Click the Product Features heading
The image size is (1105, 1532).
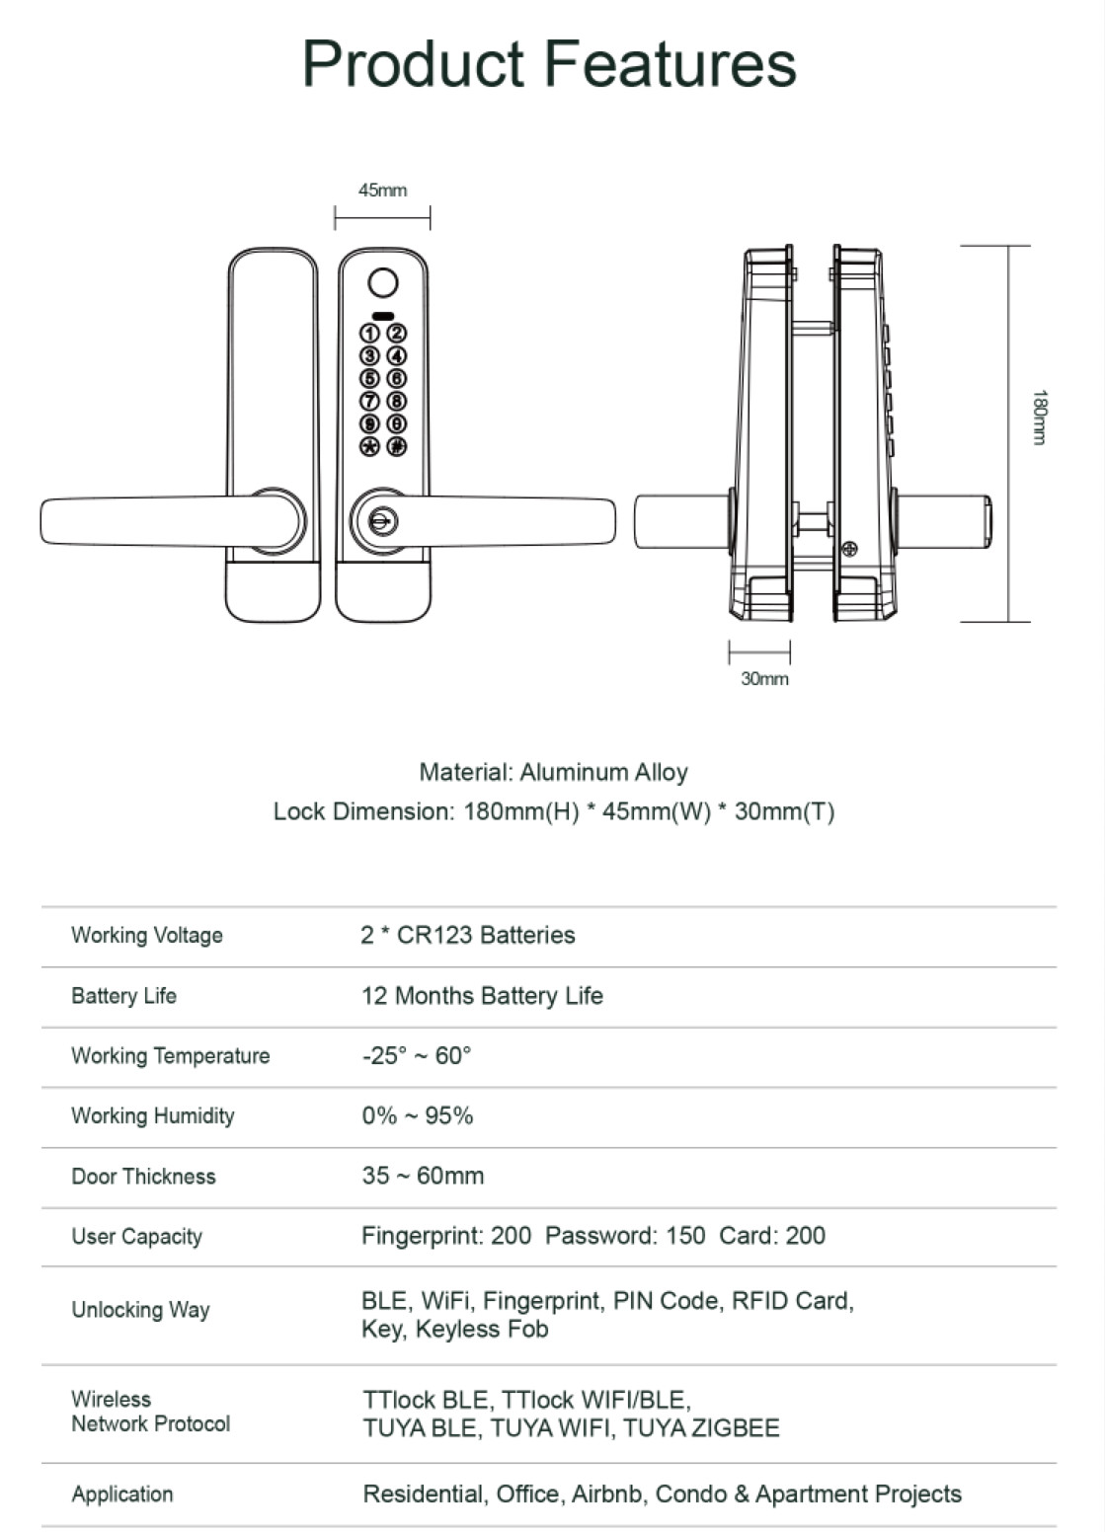pos(549,64)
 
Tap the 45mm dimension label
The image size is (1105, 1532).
pos(382,191)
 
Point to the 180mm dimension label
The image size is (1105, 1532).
pos(1039,417)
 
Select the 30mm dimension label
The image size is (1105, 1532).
pos(764,679)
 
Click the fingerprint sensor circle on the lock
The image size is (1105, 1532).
pos(383,283)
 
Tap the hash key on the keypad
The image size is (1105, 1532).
pos(396,446)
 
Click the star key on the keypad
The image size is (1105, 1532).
pos(369,446)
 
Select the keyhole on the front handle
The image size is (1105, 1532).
pos(382,520)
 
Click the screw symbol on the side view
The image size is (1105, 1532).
pos(849,549)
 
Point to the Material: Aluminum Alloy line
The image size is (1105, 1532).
pos(553,772)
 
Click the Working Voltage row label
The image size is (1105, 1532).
pos(147,935)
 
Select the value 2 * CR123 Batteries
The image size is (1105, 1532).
pos(467,935)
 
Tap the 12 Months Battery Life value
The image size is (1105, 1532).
pos(482,995)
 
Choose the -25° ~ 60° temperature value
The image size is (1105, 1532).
pos(416,1055)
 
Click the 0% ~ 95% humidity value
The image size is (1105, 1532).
pos(417,1115)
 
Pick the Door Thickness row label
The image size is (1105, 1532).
pos(143,1176)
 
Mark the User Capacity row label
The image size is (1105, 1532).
pos(136,1236)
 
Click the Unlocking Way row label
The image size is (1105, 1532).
pos(140,1310)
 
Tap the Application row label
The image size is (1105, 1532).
pos(121,1494)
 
